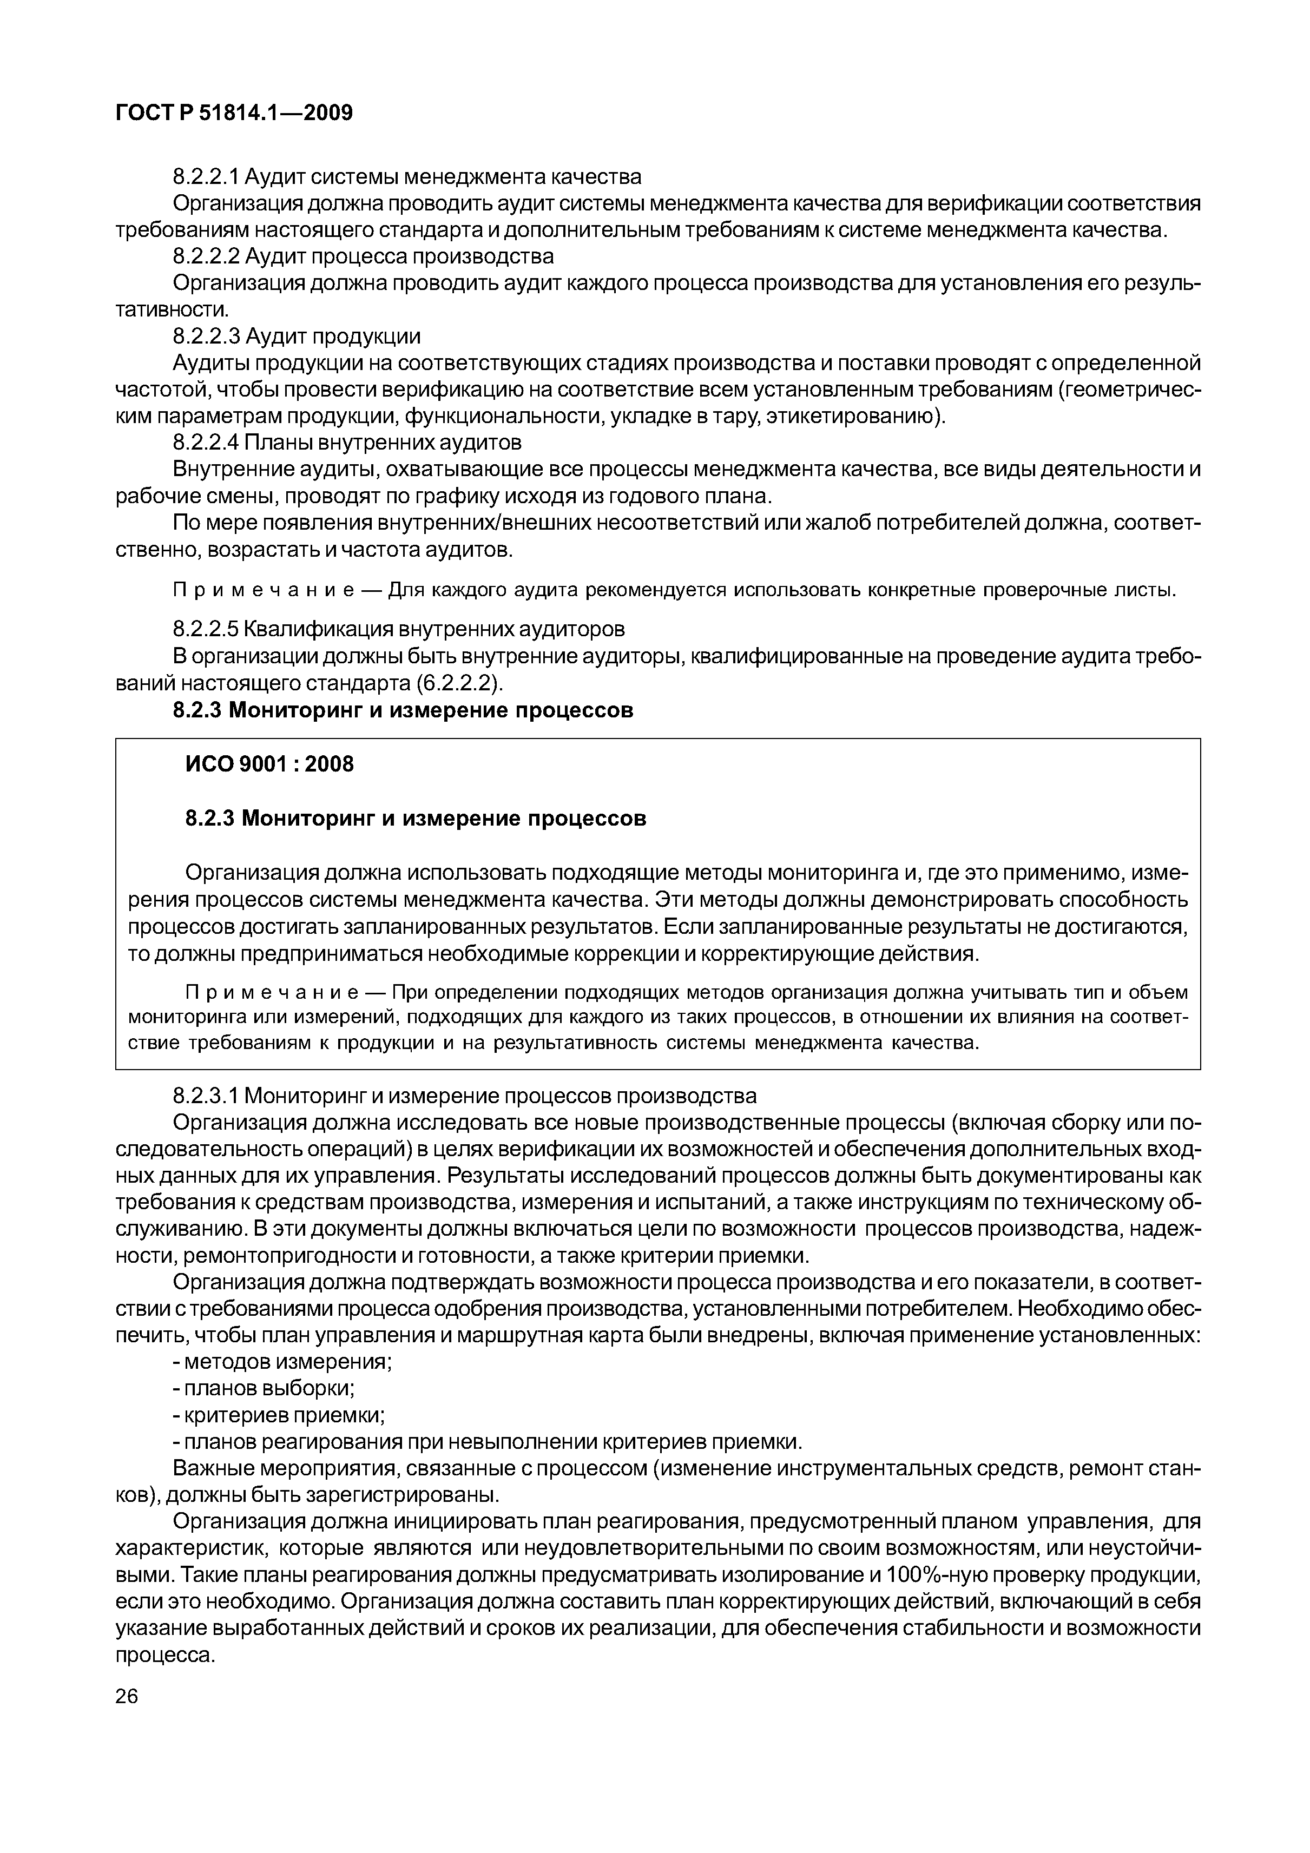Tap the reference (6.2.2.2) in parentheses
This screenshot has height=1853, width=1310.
(x=459, y=683)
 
